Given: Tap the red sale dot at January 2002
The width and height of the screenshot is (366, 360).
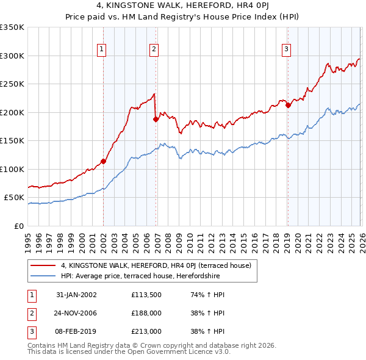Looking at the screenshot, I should (104, 162).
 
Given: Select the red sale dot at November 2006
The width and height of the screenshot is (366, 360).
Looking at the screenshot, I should (156, 120).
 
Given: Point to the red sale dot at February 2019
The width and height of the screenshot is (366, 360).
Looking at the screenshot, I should (288, 106).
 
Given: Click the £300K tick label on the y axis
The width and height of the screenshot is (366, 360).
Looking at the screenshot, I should (12, 56).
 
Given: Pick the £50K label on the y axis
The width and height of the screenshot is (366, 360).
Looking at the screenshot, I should (14, 198).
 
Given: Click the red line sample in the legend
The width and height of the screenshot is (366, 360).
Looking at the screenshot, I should (43, 265).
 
